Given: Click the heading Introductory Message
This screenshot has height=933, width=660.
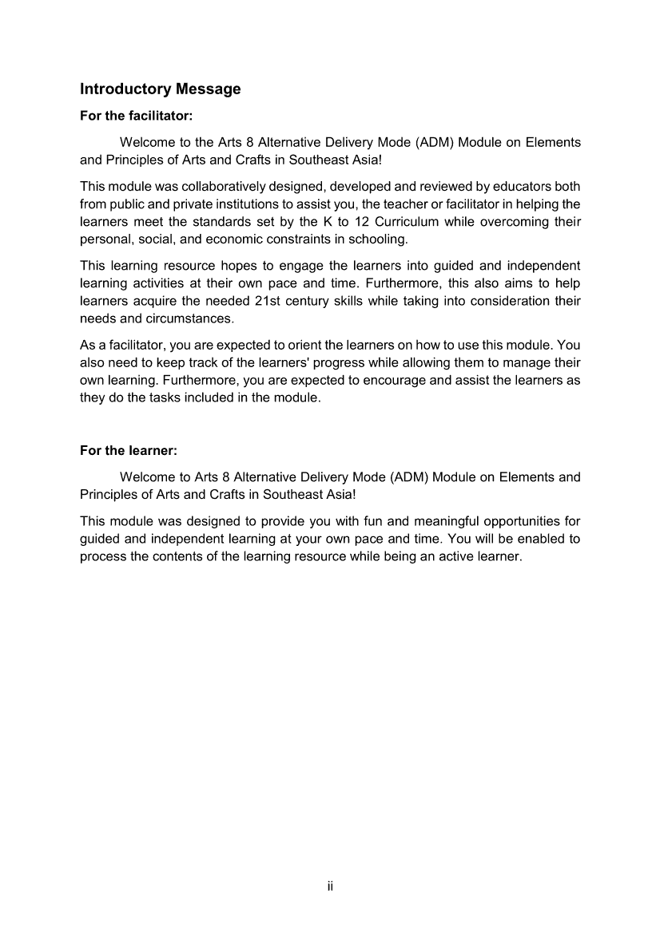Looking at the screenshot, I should (160, 89).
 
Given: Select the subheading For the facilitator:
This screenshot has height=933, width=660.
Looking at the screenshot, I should (137, 116).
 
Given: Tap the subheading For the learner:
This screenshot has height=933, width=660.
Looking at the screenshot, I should (128, 451).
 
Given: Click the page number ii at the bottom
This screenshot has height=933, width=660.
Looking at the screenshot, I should (330, 887).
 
